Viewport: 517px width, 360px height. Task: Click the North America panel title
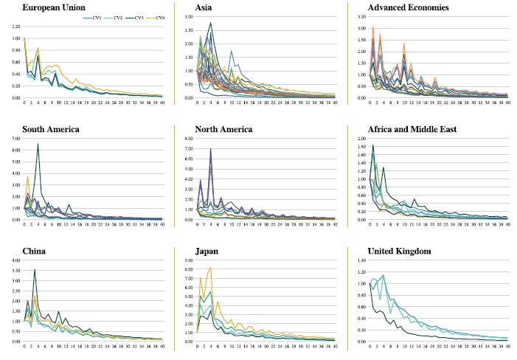coord(224,130)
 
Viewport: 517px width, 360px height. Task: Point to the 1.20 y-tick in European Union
coord(15,27)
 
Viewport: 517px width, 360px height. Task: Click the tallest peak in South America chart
coord(38,145)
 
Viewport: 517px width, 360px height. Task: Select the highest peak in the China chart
coord(34,270)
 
